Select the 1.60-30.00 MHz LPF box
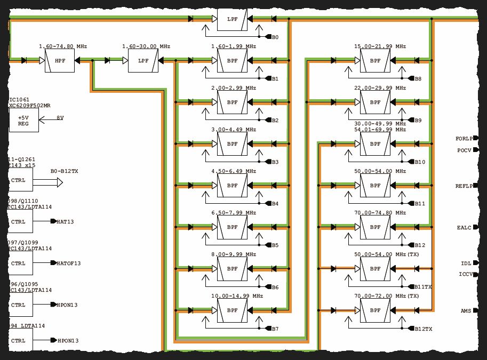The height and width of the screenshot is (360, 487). click(x=143, y=61)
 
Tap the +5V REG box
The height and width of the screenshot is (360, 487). click(x=23, y=121)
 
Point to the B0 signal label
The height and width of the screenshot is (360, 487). click(x=275, y=37)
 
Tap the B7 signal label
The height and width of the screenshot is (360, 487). click(x=275, y=329)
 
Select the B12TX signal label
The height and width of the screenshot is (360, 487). click(x=423, y=329)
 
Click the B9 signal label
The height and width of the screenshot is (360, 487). click(x=418, y=121)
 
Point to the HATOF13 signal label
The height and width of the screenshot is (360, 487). click(x=69, y=263)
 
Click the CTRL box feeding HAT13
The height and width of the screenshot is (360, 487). click(x=19, y=222)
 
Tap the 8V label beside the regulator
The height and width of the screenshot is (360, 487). click(x=60, y=117)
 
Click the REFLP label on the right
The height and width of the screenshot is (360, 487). click(x=463, y=186)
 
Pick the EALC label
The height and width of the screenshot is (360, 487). click(x=464, y=228)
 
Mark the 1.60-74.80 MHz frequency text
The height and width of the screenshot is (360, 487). click(x=63, y=47)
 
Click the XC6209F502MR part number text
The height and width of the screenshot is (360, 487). click(x=30, y=106)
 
